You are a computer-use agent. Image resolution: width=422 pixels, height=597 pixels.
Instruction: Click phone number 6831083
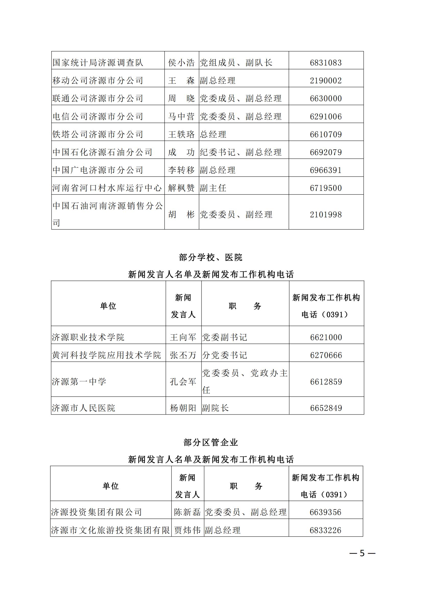326,63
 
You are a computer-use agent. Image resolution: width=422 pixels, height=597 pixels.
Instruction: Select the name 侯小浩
181,63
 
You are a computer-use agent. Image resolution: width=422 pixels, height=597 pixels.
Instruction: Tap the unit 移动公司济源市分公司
98,81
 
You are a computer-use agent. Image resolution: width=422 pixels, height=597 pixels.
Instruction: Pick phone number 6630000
326,99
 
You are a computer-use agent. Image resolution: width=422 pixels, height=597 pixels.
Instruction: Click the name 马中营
181,116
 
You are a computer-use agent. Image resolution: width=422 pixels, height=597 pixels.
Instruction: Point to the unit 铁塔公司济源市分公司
98,135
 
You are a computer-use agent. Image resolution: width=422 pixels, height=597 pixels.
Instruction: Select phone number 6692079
326,152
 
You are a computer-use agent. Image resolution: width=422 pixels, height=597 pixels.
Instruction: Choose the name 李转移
181,170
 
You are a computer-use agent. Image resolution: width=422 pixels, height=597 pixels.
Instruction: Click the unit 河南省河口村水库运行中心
107,188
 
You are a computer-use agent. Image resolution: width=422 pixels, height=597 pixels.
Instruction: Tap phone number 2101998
326,215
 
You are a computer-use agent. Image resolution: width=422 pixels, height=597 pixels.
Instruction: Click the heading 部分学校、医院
211,258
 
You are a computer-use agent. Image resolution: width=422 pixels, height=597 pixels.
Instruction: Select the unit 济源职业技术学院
88,337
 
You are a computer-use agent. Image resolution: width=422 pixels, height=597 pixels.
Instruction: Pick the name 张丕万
183,355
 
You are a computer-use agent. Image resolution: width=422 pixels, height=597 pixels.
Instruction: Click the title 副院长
215,408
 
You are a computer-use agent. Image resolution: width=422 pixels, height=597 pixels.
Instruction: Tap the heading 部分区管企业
211,442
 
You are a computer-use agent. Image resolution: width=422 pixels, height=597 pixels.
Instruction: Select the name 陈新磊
187,512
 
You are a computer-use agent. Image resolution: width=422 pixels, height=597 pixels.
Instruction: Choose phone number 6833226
325,530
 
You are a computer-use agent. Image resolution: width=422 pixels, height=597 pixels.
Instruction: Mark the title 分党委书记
225,355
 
